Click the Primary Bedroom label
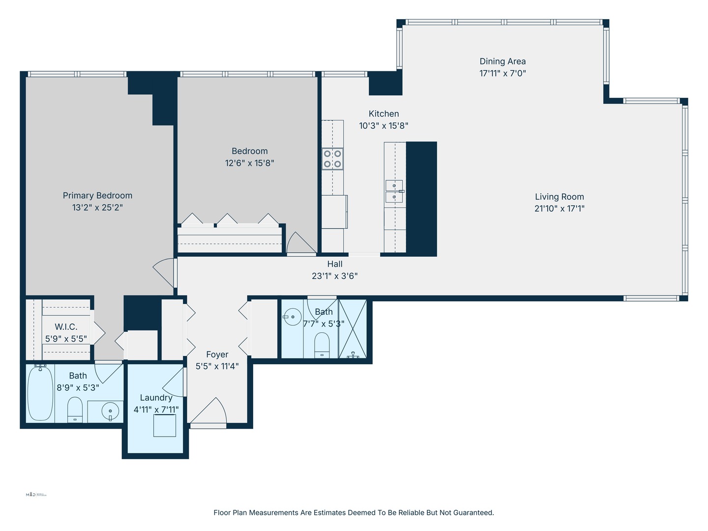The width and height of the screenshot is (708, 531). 97,195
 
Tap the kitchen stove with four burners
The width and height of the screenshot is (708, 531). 332,159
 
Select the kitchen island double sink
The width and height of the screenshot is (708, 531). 394,191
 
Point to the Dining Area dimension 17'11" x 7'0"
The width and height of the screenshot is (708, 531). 502,73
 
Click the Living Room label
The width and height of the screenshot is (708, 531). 559,197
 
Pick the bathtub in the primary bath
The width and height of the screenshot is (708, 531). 40,393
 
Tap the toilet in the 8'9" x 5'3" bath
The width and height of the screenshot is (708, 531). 75,410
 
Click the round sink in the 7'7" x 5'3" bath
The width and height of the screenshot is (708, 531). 293,317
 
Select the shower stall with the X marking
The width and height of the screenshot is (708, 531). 353,328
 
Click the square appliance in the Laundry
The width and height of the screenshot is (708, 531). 164,425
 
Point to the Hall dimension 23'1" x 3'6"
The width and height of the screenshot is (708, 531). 334,276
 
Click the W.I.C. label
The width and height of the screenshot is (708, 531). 66,327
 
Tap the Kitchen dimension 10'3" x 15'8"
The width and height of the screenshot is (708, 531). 383,125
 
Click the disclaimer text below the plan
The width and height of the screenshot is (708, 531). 354,512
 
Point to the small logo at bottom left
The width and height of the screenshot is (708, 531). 36,495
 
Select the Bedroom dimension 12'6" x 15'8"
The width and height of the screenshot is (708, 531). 249,163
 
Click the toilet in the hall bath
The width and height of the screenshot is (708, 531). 322,345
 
